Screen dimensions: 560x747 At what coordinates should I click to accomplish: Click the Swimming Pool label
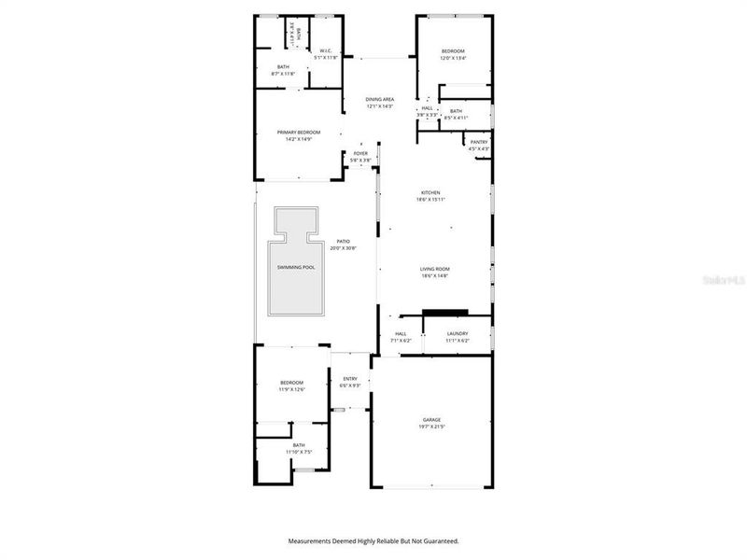click(x=295, y=267)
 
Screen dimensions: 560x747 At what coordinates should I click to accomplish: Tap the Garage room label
click(x=431, y=420)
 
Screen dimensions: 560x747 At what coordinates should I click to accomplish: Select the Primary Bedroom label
click(x=299, y=133)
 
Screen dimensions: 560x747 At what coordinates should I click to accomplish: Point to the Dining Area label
click(x=379, y=99)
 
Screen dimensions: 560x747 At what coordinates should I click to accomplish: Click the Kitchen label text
click(x=430, y=192)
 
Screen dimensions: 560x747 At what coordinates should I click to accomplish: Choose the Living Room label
click(x=435, y=269)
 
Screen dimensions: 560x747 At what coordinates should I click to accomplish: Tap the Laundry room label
click(x=458, y=333)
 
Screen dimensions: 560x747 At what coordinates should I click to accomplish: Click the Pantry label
click(x=479, y=142)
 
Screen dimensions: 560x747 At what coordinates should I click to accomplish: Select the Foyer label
click(x=360, y=154)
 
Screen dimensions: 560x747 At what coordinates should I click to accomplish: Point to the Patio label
click(x=344, y=242)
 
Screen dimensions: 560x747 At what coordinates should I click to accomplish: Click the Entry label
click(x=349, y=378)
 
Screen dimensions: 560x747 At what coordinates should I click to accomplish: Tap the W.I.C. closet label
click(x=327, y=50)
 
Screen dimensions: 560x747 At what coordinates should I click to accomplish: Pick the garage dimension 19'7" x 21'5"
click(x=431, y=427)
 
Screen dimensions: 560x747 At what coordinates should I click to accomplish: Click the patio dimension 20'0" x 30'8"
click(x=344, y=248)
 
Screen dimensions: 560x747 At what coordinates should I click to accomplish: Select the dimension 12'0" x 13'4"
click(x=453, y=58)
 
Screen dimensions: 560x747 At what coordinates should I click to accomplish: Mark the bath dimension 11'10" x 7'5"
click(x=299, y=452)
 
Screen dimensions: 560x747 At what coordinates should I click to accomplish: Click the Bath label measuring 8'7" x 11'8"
click(x=283, y=66)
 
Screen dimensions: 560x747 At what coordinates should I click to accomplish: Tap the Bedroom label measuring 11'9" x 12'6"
click(x=292, y=383)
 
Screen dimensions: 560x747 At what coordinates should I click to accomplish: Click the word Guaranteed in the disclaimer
click(x=438, y=540)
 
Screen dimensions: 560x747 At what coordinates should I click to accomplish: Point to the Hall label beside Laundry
click(x=402, y=333)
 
